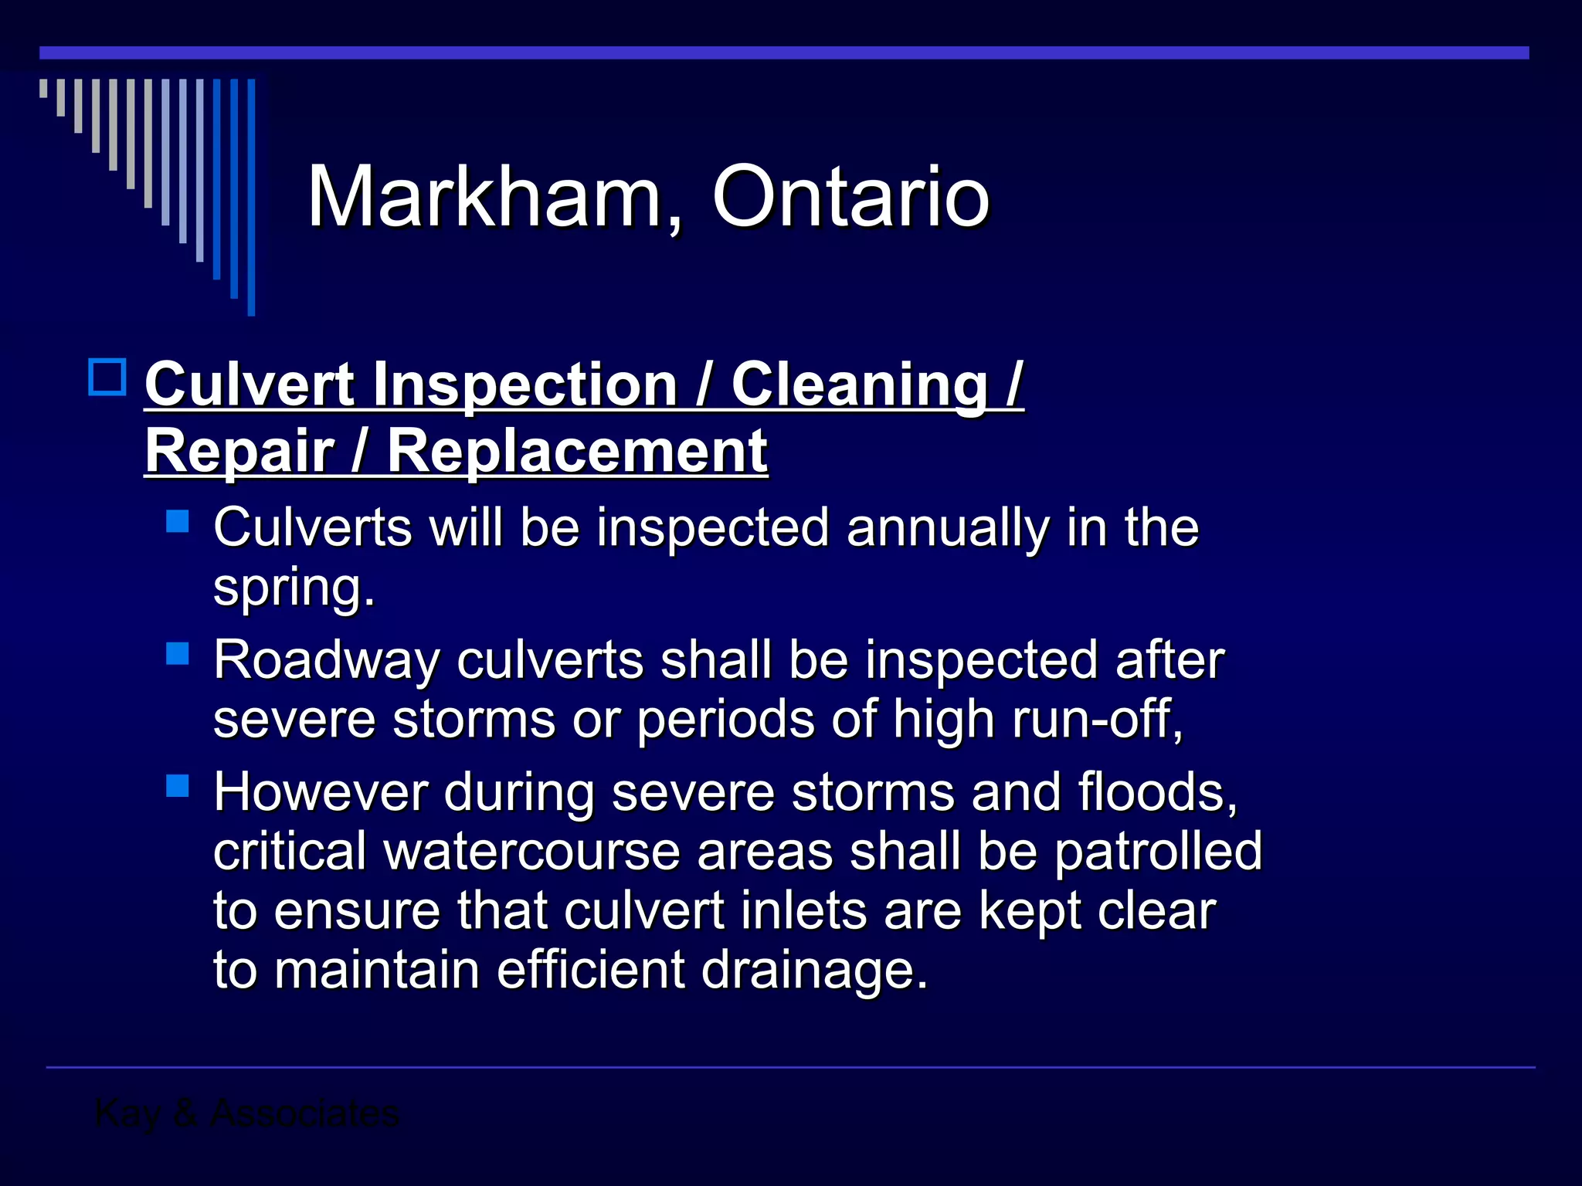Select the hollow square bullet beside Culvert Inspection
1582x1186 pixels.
click(x=107, y=378)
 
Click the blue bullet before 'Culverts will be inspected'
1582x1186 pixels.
click(x=178, y=521)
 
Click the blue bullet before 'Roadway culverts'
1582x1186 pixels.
click(x=178, y=654)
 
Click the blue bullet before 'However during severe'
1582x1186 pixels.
click(x=178, y=786)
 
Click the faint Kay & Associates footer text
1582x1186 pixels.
click(x=246, y=1113)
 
